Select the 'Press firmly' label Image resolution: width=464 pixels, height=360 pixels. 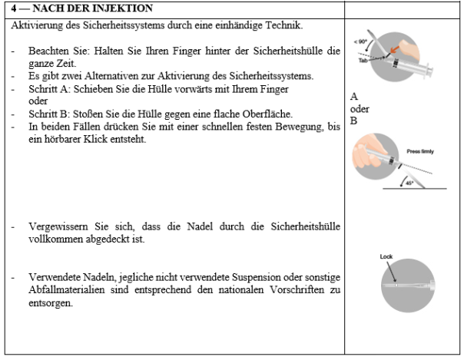click(x=421, y=151)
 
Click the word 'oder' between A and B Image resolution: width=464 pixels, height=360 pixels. click(x=359, y=108)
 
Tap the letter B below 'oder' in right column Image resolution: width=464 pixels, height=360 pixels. click(x=354, y=120)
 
